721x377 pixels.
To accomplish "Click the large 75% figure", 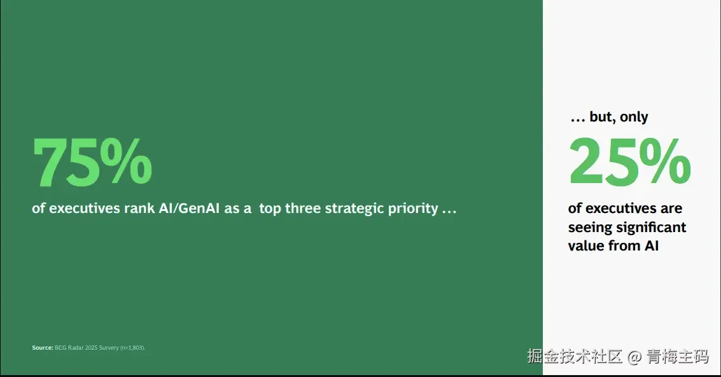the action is point(92,162).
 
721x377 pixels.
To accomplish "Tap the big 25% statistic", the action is point(630,161).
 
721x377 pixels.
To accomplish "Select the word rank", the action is point(139,209).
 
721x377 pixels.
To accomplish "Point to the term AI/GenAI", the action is point(190,209).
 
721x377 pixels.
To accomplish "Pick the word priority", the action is point(413,209).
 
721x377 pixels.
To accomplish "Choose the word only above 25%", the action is point(634,117).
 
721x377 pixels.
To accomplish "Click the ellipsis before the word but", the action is point(578,120).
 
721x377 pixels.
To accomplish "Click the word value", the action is point(586,245).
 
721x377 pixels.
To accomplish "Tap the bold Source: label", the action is point(42,348).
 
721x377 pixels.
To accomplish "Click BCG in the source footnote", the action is point(60,348).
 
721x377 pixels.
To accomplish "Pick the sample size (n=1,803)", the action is point(132,348).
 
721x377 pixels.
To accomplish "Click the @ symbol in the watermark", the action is point(634,357).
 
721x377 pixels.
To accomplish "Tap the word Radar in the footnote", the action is point(76,348).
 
